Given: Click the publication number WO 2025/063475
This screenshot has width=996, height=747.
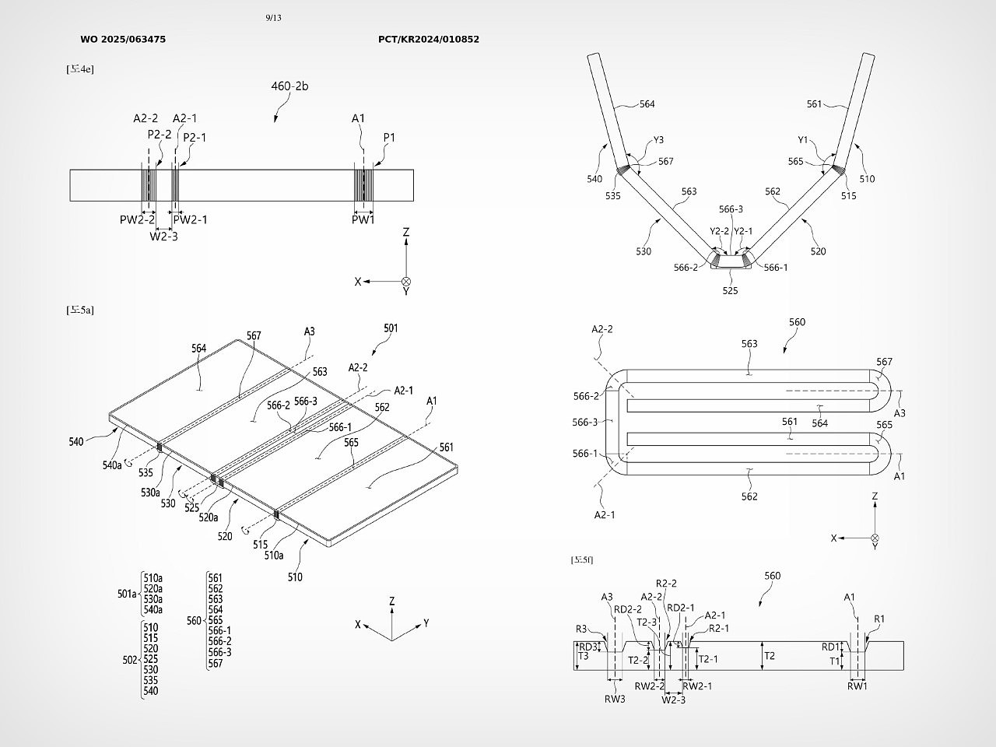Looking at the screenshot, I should (123, 39).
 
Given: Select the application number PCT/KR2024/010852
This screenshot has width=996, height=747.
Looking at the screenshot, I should (429, 39).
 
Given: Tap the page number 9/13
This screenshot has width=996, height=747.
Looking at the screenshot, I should (273, 18).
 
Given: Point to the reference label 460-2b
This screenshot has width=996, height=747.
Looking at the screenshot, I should (289, 86).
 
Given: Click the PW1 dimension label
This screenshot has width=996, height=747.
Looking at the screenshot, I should (363, 220).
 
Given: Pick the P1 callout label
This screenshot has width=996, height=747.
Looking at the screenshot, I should (389, 138).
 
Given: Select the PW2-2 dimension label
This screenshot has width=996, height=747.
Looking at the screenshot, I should (137, 220).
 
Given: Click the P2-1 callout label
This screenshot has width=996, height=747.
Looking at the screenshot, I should (195, 138).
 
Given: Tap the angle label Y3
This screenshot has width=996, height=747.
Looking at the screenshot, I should (658, 140).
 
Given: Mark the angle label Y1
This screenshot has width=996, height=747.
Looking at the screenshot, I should (804, 140).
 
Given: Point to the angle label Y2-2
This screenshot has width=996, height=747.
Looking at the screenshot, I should (720, 231).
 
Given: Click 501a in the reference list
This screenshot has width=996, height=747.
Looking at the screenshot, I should (128, 594).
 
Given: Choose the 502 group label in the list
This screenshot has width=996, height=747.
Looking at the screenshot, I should (130, 660).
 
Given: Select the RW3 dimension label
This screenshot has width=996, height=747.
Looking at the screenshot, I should (615, 699).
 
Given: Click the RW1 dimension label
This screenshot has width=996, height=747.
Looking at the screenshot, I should (857, 686).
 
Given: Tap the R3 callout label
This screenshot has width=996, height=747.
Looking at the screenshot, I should (581, 629).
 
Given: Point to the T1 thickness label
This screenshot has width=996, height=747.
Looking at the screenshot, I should (834, 661).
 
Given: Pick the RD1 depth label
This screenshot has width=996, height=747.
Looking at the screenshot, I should (831, 647).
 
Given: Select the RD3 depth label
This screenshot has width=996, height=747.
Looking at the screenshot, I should (588, 647).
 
